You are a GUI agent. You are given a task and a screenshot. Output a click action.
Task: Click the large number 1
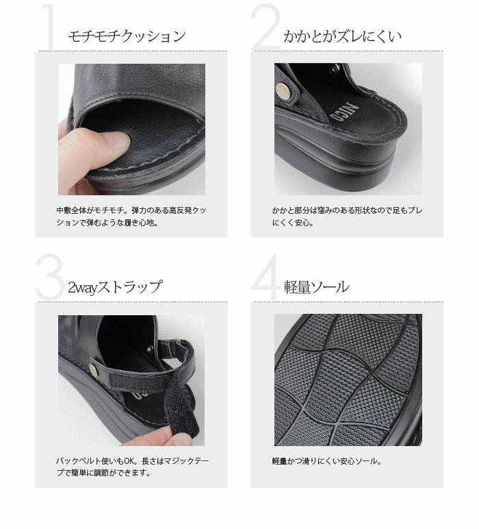tap(49, 28)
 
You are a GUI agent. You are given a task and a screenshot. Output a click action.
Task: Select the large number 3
tap(49, 278)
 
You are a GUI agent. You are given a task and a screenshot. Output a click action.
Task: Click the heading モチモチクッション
tap(127, 36)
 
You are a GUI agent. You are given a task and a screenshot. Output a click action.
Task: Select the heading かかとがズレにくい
tap(342, 36)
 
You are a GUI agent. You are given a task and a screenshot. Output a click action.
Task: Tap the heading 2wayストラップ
tap(115, 287)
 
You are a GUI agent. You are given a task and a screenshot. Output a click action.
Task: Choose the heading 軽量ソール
tap(316, 287)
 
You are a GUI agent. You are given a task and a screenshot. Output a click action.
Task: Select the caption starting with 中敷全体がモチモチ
tap(130, 217)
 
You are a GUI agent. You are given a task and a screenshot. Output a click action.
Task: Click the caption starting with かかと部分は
tap(346, 217)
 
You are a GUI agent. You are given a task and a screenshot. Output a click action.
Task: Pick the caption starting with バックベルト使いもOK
tap(130, 467)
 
